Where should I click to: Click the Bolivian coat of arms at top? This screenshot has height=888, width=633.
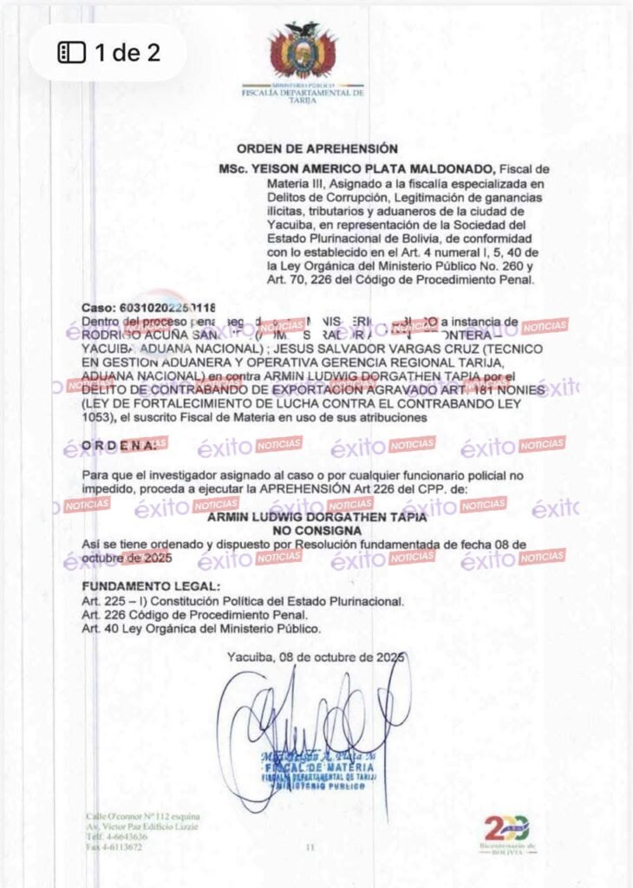click(x=302, y=50)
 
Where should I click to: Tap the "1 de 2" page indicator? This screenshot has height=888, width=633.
click(x=127, y=52)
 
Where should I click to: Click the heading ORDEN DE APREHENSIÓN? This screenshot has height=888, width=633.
click(x=317, y=149)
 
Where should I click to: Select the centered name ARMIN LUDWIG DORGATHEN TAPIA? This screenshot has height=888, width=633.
click(x=317, y=518)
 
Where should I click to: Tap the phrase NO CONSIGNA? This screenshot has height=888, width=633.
click(x=317, y=530)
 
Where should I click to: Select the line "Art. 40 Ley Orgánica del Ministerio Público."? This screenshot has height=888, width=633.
click(x=200, y=629)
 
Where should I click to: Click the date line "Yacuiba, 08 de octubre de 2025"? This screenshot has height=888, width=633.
click(x=316, y=656)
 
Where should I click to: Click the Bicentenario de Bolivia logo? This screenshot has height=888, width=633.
click(x=507, y=834)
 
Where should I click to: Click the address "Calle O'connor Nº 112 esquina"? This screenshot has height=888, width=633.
click(x=143, y=816)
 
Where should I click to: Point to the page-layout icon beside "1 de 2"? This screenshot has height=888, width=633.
click(x=71, y=53)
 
